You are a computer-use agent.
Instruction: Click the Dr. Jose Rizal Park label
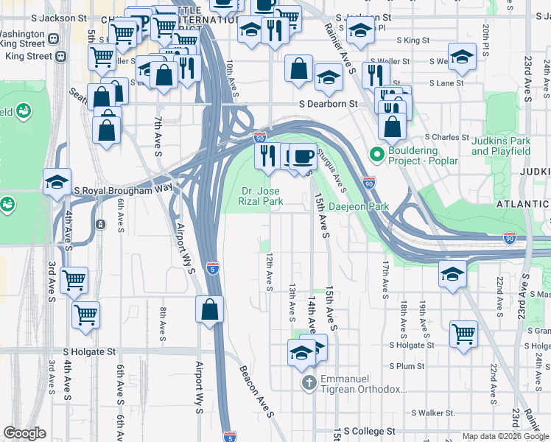pos(261,196)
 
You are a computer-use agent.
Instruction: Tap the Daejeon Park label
pos(358,207)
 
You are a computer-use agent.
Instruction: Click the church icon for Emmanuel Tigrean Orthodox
pos(309,382)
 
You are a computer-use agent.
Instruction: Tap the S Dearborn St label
pos(328,105)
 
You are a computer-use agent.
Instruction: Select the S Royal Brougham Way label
pos(124,189)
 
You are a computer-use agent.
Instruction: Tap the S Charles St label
pos(447,137)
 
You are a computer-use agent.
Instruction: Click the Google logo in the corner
pos(25,433)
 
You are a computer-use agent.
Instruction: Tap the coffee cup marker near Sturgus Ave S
pos(302,155)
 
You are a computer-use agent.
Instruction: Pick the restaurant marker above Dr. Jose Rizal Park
pos(267,155)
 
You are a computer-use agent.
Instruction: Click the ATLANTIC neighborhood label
pos(522,203)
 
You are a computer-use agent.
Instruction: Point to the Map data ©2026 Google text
pos(505,436)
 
